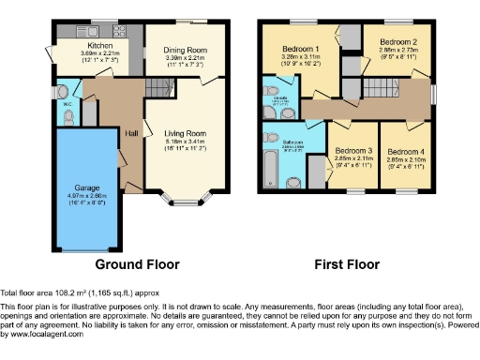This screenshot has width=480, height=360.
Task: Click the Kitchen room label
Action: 99,45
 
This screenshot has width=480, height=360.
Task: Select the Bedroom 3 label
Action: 353,150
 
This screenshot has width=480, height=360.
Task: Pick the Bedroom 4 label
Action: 406,150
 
